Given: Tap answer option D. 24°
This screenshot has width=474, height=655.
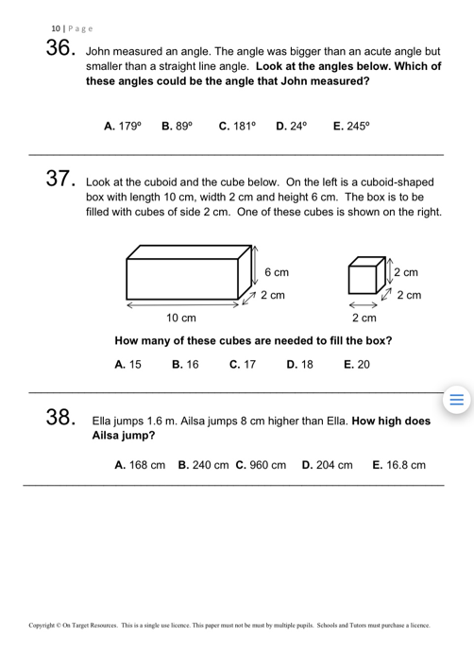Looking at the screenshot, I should point(295,125).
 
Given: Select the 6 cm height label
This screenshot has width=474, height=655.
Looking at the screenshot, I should point(277,272).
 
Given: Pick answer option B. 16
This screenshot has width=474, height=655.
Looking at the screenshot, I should point(186,364).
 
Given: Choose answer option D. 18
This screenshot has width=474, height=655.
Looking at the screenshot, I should point(299,364).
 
